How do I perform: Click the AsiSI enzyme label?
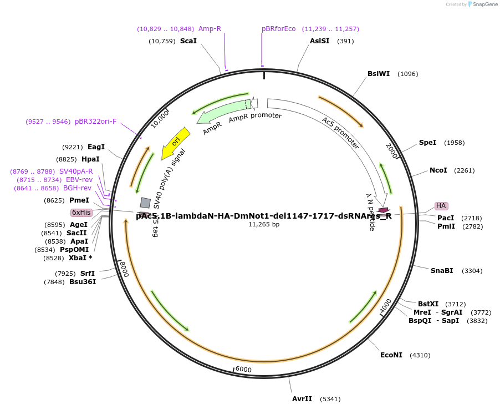click(319, 41)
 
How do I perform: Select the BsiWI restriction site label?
click(379, 74)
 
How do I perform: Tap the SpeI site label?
click(427, 143)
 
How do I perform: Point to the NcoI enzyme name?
click(438, 170)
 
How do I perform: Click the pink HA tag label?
click(441, 206)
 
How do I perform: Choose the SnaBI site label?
click(442, 271)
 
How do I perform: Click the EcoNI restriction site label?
click(391, 355)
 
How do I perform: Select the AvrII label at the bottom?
click(302, 399)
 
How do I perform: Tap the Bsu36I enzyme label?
click(83, 282)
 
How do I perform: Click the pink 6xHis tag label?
click(81, 213)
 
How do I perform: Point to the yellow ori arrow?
click(176, 143)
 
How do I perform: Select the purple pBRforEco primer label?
click(279, 29)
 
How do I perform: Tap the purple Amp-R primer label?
click(210, 29)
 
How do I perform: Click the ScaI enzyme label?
click(188, 41)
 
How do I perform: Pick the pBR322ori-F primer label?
click(96, 122)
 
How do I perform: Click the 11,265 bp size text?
click(264, 225)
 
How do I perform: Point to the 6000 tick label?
click(243, 370)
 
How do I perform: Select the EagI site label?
click(96, 147)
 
